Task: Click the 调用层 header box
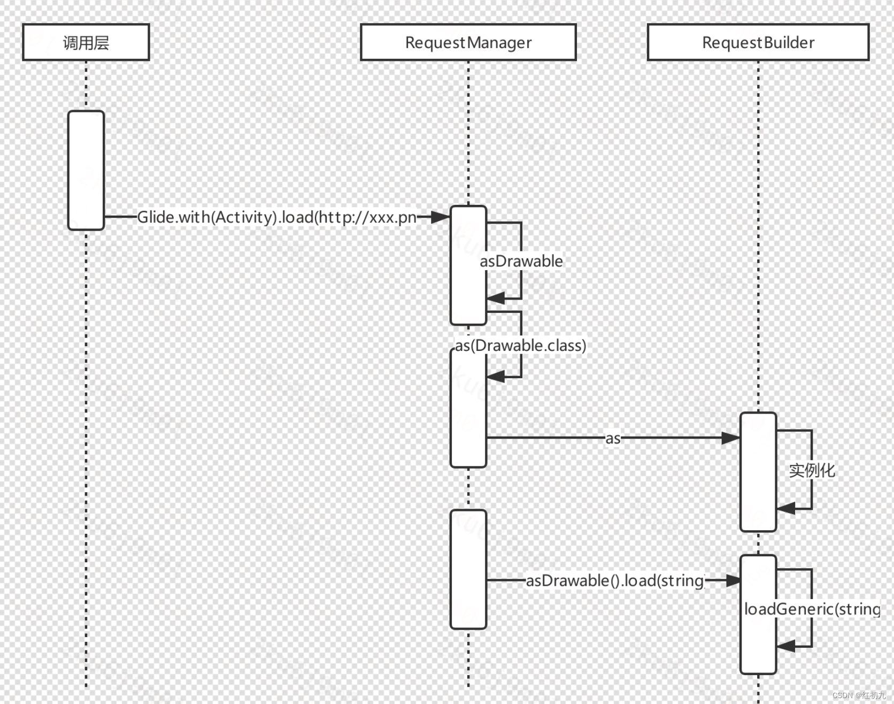pos(86,42)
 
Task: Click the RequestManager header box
pos(468,42)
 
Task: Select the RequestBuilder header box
pos(758,42)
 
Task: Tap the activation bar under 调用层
pos(86,170)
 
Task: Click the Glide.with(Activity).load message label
pos(276,217)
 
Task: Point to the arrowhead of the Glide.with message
pos(441,217)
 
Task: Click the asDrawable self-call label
pos(521,261)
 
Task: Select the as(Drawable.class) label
pos(520,346)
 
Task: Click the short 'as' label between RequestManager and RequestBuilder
pos(613,439)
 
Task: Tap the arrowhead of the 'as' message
pos(731,438)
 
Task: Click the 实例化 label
pos(812,470)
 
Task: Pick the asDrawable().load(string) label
pos(615,580)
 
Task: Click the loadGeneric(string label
pos(812,609)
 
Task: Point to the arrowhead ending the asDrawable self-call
pos(496,298)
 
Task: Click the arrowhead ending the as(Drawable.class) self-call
pos(496,376)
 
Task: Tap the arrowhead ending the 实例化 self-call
pos(785,508)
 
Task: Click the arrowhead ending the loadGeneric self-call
pos(785,646)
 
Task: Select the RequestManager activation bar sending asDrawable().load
pos(468,569)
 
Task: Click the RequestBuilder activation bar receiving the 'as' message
pos(758,472)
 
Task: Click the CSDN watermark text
pos(859,695)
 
